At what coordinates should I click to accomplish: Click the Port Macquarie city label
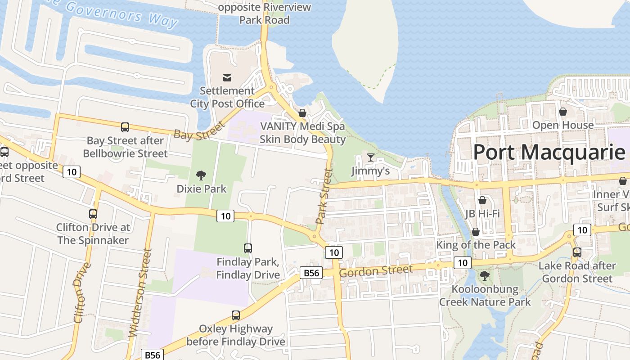point(549,152)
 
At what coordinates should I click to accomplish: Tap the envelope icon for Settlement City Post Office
point(227,78)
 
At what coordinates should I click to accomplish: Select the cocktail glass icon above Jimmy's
point(370,157)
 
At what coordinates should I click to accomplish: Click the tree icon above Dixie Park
point(201,175)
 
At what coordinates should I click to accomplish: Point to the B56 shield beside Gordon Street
point(311,273)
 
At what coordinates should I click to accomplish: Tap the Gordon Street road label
point(375,271)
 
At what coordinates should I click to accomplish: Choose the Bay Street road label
point(198,131)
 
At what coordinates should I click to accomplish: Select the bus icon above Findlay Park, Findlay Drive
point(248,248)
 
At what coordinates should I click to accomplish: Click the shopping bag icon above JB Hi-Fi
point(482,200)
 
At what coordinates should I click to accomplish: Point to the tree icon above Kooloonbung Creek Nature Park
point(485,275)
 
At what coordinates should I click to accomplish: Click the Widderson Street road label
point(139,293)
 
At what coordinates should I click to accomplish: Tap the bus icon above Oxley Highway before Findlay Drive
point(235,315)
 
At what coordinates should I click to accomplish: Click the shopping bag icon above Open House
point(562,111)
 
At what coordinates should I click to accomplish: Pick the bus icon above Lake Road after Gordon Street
point(577,252)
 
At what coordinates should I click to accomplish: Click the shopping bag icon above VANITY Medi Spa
point(302,112)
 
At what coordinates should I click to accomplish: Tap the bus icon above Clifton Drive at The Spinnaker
point(93,214)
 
